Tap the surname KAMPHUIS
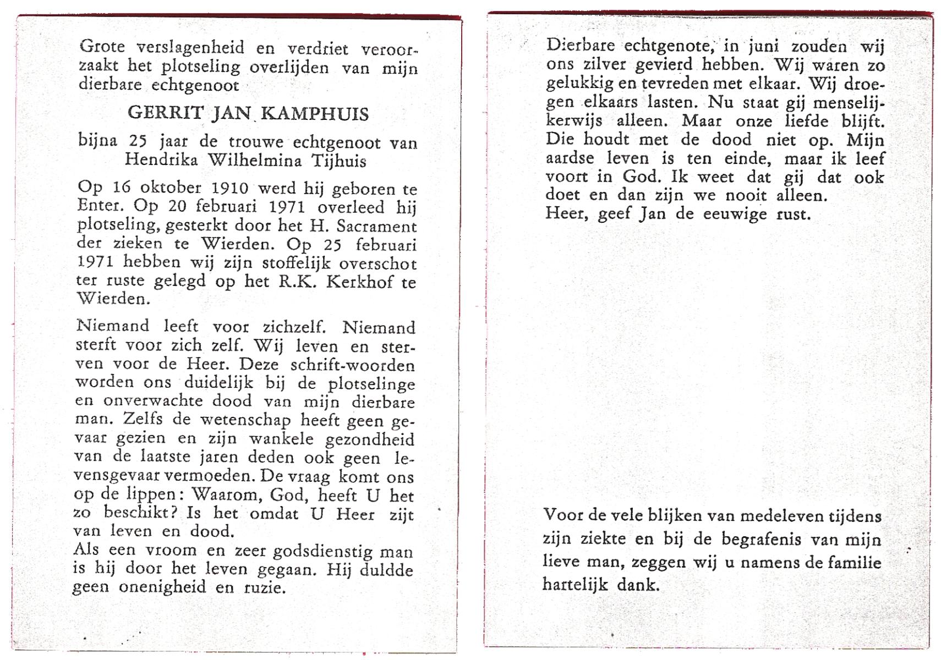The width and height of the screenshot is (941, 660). click(315, 114)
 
